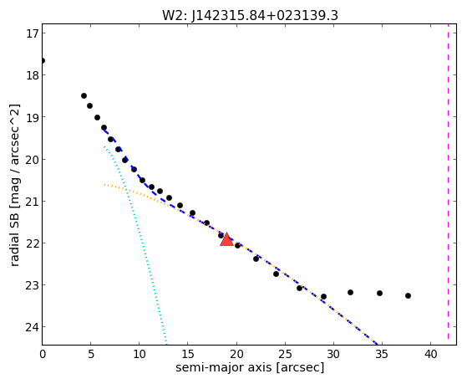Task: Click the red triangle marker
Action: point(226,239)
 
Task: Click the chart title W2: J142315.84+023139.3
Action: point(250,16)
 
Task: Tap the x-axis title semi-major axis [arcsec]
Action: point(250,367)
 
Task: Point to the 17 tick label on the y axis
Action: point(33,33)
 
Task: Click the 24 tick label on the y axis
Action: point(33,327)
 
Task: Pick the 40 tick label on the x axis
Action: point(431,354)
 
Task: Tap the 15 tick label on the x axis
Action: point(188,354)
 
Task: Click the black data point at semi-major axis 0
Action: point(43,61)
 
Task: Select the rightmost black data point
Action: point(408,295)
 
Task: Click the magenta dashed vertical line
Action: point(449,184)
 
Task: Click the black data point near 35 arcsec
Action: point(379,294)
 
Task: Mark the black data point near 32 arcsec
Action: point(350,293)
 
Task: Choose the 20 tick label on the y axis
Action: point(33,159)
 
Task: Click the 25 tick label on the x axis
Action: point(285,354)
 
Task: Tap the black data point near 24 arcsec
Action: point(276,274)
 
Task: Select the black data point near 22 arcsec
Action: point(256,259)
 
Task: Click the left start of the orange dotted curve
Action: point(104,185)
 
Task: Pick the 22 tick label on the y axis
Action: point(33,243)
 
